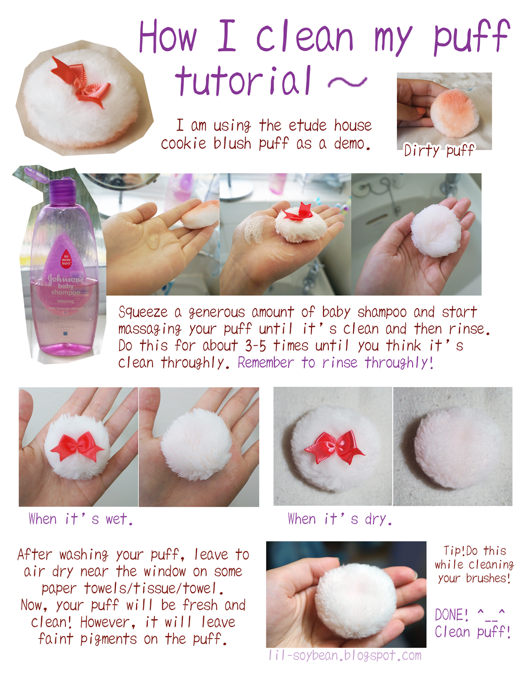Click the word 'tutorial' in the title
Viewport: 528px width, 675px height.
(x=243, y=81)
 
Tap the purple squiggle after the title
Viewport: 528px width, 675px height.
(x=347, y=82)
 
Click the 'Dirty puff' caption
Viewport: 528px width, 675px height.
(x=439, y=150)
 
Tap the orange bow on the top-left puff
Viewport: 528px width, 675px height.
(x=82, y=82)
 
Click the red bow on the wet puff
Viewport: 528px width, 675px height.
(x=77, y=446)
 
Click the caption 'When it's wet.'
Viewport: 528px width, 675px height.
(x=81, y=519)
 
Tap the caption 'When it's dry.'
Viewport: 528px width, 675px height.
(x=339, y=519)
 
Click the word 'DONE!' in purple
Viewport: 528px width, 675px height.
(x=451, y=615)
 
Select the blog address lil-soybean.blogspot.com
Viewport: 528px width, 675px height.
(x=345, y=656)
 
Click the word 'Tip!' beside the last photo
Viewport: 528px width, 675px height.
(x=454, y=551)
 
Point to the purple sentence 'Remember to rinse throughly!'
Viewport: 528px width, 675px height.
(x=335, y=362)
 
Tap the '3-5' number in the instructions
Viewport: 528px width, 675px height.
(x=255, y=346)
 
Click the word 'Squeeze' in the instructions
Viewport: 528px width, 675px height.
(x=143, y=312)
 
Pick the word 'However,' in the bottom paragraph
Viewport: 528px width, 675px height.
(x=108, y=622)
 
